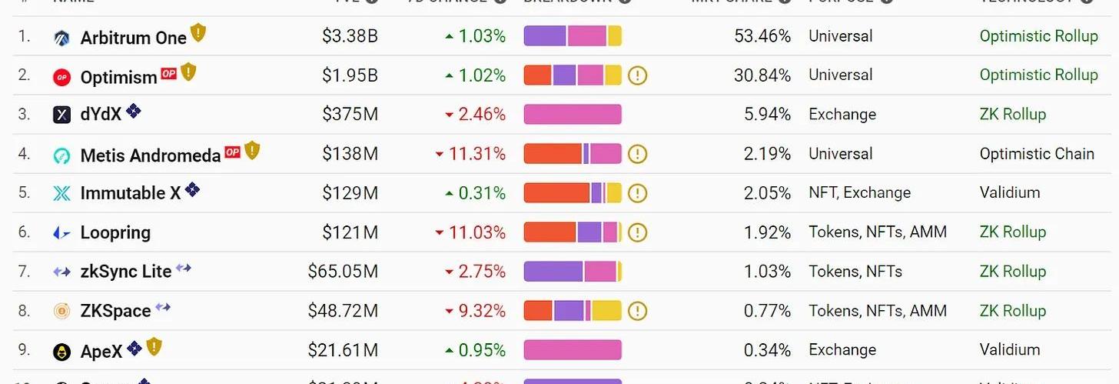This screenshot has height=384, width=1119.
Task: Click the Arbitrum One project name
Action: click(x=133, y=38)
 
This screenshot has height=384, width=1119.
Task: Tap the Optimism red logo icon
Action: click(x=61, y=77)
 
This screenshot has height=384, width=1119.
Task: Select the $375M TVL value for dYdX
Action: click(x=350, y=115)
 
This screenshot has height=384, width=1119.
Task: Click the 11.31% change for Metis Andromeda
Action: click(x=476, y=154)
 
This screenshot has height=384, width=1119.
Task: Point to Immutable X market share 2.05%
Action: click(x=767, y=193)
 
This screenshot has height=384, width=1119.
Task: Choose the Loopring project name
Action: click(x=115, y=232)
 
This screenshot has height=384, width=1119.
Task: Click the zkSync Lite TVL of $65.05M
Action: click(x=343, y=272)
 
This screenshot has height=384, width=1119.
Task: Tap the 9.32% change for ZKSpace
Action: click(x=476, y=311)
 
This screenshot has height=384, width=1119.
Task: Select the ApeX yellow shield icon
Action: click(x=154, y=347)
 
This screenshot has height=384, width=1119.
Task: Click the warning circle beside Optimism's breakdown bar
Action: click(x=638, y=75)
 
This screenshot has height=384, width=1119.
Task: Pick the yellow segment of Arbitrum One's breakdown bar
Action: click(x=614, y=36)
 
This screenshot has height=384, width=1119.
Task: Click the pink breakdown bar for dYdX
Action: click(x=573, y=115)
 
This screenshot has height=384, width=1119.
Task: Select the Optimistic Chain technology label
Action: click(x=1036, y=154)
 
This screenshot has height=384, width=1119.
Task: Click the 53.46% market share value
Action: click(x=762, y=36)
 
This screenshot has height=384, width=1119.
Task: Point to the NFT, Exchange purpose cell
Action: click(x=859, y=193)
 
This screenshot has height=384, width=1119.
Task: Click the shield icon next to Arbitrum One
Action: click(x=198, y=33)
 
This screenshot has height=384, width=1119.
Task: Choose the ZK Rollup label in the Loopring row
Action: click(x=1012, y=232)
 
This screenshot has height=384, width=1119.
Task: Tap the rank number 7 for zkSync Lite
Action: click(x=24, y=272)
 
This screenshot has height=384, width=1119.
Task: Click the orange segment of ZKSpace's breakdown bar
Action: click(x=538, y=311)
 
